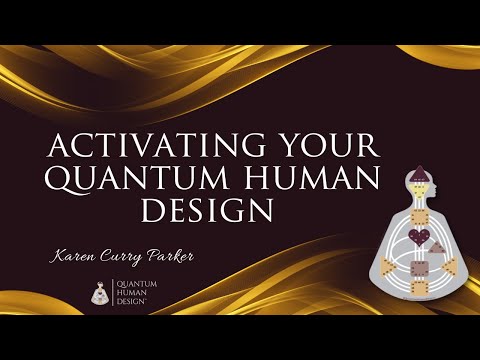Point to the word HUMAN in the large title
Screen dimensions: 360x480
(x=324, y=180)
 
